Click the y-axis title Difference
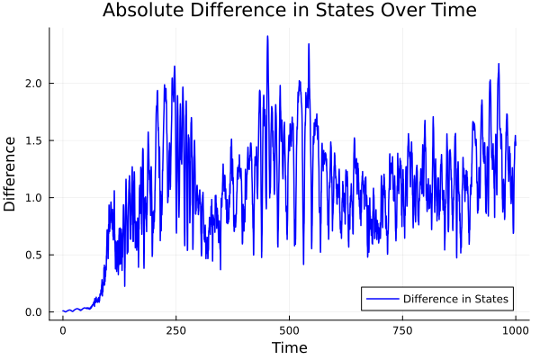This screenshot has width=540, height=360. coord(11,174)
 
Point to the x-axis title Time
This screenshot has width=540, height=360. coord(289,347)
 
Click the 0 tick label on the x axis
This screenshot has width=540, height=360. coord(63,329)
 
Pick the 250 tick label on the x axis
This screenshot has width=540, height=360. coord(175,329)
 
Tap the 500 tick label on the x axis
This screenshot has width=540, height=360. coord(289,329)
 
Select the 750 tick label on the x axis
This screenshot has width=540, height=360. coord(402,329)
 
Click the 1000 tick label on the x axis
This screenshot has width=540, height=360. coord(516,329)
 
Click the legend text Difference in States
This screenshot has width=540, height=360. coord(456,299)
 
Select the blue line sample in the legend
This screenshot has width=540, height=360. coord(382,299)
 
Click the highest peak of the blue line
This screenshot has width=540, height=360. coord(267,37)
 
